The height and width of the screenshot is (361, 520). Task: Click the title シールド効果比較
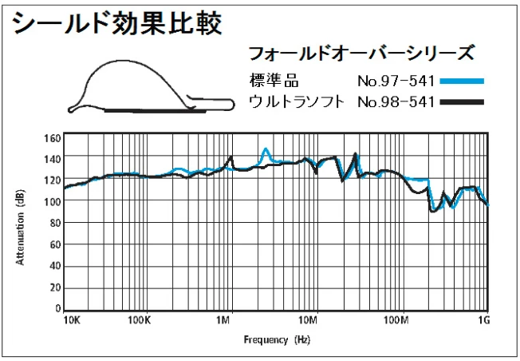tap(116, 23)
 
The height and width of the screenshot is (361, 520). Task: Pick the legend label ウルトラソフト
tap(296, 101)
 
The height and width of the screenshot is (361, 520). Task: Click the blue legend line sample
tap(462, 81)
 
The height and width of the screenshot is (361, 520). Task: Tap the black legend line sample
tap(462, 101)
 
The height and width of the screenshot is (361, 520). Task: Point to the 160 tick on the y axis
tap(53, 137)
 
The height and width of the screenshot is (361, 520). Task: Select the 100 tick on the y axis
tap(53, 202)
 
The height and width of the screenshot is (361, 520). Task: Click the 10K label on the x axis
tap(72, 320)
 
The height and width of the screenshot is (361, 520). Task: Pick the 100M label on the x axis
tap(396, 320)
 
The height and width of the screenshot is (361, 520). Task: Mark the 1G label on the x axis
tap(483, 320)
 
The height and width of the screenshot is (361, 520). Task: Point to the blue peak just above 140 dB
tap(266, 149)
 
